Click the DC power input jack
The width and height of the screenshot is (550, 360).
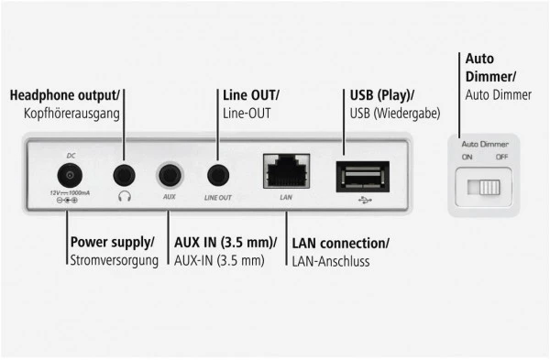pos(67,175)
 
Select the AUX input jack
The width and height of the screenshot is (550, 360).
pos(170,174)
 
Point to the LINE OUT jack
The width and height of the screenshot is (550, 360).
pos(218,174)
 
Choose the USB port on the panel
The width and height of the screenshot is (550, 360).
pos(363,174)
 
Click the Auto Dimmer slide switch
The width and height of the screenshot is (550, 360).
pos(482,188)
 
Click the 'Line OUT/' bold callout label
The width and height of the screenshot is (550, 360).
pos(251,95)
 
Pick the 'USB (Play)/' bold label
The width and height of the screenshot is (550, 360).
pos(382,95)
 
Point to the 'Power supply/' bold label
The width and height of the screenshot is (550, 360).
pos(112,243)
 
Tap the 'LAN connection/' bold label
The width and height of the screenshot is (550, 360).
pos(340,243)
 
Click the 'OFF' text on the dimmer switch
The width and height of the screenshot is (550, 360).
pos(501,156)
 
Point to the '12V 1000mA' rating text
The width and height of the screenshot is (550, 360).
pos(67,194)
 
